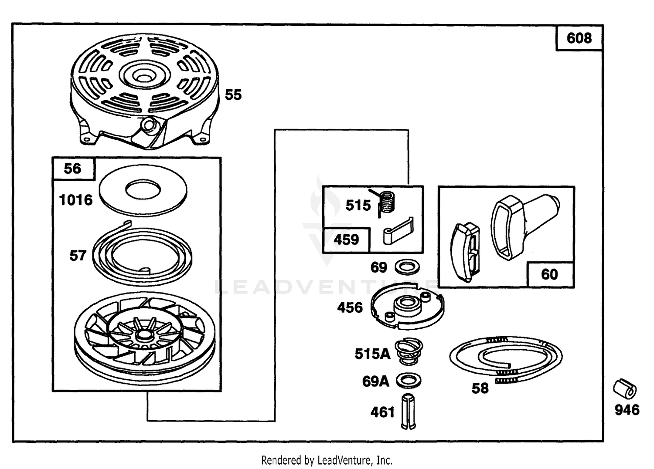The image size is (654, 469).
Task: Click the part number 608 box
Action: (579, 38)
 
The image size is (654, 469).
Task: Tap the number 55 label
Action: (233, 95)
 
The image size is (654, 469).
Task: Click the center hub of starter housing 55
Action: (143, 75)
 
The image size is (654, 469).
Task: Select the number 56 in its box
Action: (72, 169)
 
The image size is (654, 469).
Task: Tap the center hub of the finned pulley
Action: (143, 335)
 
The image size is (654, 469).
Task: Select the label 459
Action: (346, 240)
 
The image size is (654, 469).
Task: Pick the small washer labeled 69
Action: (407, 267)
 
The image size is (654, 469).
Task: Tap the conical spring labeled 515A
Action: (409, 352)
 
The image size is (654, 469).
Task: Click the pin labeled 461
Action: (409, 412)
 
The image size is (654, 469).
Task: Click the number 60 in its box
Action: (549, 274)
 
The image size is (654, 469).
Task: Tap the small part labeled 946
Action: (624, 389)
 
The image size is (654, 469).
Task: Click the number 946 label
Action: (627, 410)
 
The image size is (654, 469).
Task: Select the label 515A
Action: (372, 354)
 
